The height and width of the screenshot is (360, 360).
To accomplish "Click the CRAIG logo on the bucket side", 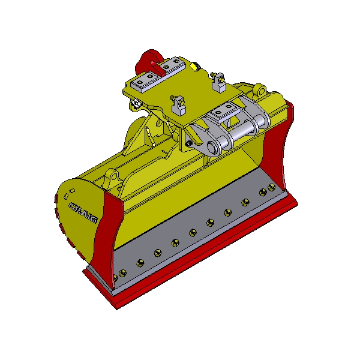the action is pos(83,213).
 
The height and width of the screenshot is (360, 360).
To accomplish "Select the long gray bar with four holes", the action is pos(158,75).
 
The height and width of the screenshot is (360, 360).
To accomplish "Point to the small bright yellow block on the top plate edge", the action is pos(195,67).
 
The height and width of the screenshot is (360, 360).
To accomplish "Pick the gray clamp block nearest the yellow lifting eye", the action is pos(218,82).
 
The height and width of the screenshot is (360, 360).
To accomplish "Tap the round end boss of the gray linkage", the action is pos(212,147).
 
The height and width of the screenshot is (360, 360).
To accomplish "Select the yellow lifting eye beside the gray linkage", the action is pos(260,91).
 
